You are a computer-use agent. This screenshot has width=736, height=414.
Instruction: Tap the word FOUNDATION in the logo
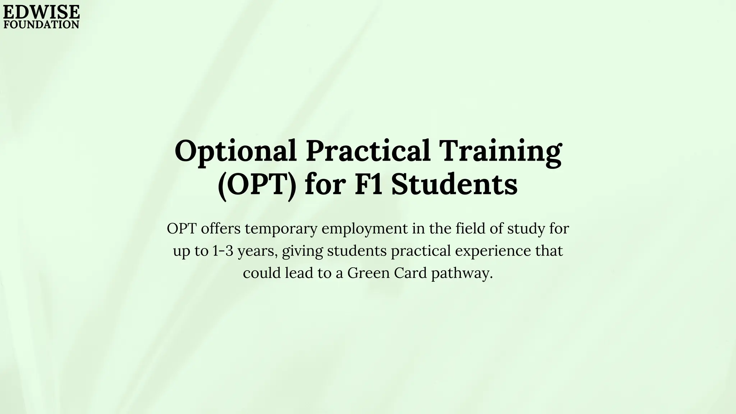41,24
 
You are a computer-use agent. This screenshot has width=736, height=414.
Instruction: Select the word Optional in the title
236,151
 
